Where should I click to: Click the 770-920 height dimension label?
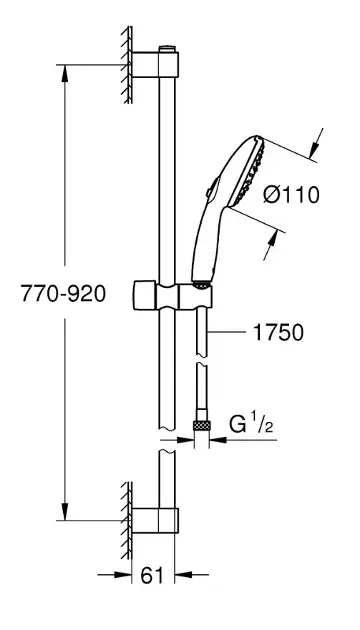point(63,294)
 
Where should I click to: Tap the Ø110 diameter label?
point(291,195)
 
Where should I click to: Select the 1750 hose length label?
point(278,333)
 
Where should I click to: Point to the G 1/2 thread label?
point(251,424)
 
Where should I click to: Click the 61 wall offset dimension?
point(152,576)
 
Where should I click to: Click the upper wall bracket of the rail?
point(155,64)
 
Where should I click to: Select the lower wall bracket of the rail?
point(155,520)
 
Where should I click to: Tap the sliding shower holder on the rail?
point(172,296)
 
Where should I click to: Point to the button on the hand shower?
point(213,187)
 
